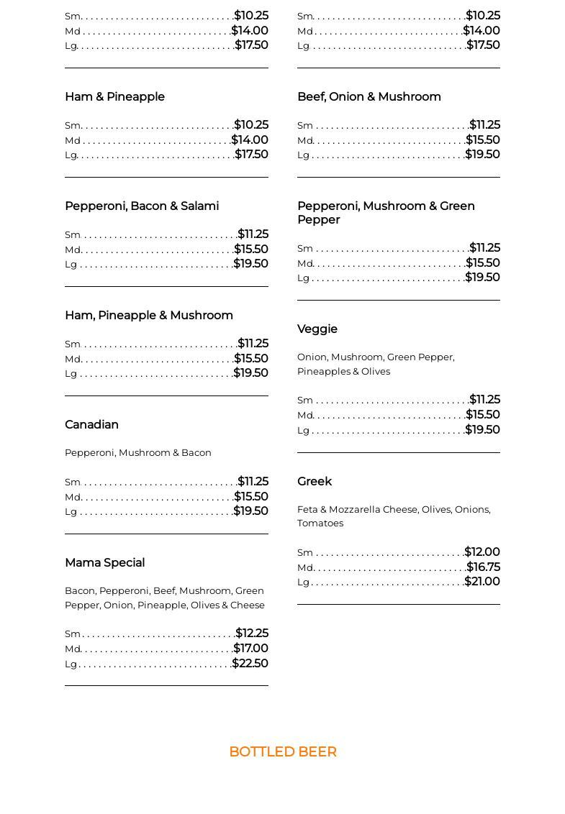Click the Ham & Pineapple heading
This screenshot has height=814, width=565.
point(114,96)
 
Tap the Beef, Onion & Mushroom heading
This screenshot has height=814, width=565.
point(369,96)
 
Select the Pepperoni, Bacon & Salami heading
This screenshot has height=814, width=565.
point(142,206)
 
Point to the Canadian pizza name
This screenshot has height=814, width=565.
point(91,424)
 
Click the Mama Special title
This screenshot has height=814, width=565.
point(104,562)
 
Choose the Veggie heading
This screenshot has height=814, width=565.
point(317,329)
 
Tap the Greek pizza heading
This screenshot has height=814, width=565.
point(315,481)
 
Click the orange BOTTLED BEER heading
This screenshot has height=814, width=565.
point(283,751)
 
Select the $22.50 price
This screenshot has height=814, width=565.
point(250,663)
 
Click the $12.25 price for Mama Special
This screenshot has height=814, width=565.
point(252,633)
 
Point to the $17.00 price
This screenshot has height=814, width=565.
point(250,648)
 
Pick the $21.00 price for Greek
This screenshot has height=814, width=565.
point(482,581)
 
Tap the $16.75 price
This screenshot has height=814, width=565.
point(483,567)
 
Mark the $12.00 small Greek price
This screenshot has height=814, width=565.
point(482,552)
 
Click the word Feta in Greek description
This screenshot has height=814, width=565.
point(307,509)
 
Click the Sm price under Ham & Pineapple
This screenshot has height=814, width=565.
point(251,124)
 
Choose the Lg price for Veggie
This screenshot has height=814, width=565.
point(482,429)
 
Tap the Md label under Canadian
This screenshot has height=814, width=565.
point(73,497)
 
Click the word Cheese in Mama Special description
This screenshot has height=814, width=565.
point(248,605)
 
